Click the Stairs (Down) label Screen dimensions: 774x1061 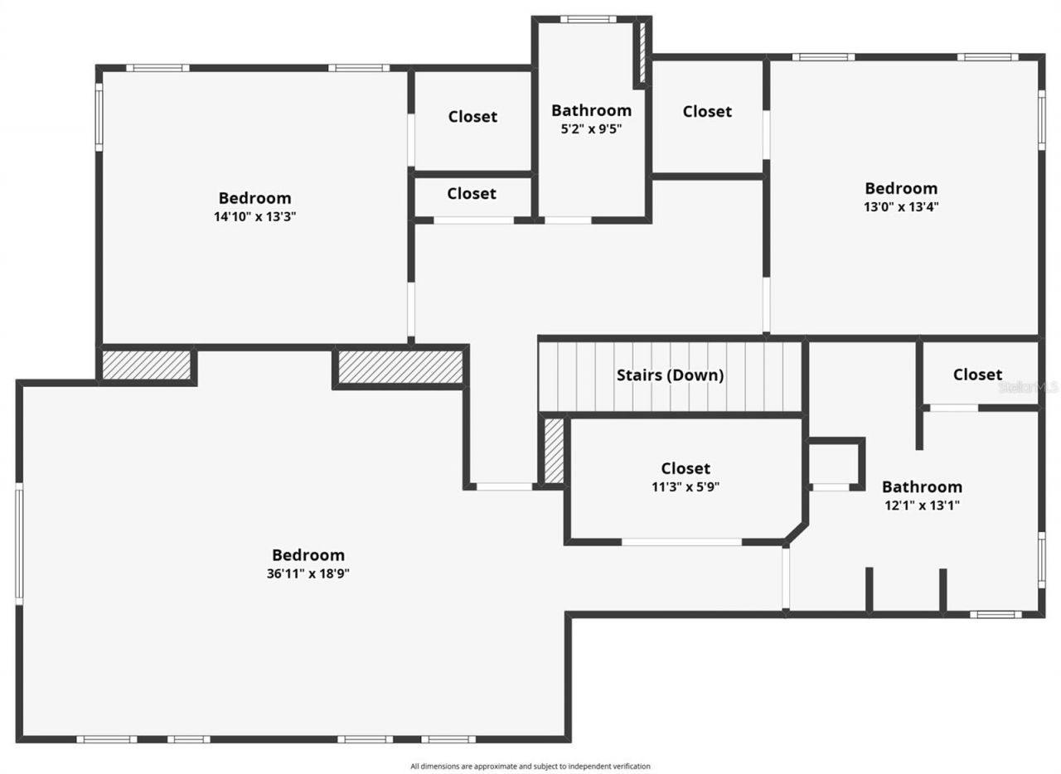[670, 375]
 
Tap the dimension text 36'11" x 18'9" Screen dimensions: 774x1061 [308, 573]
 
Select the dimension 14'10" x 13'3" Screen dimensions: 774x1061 [254, 216]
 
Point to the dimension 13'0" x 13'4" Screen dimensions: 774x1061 [901, 206]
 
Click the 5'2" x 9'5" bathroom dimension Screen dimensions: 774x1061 [591, 128]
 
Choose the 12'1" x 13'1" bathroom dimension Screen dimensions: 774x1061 [922, 505]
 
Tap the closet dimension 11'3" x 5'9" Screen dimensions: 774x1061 [685, 487]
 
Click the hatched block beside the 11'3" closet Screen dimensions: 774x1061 [554, 450]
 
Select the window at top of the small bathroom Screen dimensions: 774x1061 [588, 19]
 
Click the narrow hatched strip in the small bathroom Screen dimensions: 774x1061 [641, 51]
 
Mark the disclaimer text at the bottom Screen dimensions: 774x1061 [530, 767]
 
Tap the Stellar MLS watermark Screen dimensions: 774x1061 [1029, 387]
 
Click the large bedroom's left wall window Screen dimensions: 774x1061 [18, 544]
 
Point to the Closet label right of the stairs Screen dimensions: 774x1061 [977, 375]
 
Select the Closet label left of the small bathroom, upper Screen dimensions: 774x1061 [472, 117]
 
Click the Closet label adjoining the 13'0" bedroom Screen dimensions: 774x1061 [707, 111]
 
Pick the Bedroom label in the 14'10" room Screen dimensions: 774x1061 [254, 198]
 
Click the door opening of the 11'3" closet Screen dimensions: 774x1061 [681, 542]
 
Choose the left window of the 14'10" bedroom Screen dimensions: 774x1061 [99, 119]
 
